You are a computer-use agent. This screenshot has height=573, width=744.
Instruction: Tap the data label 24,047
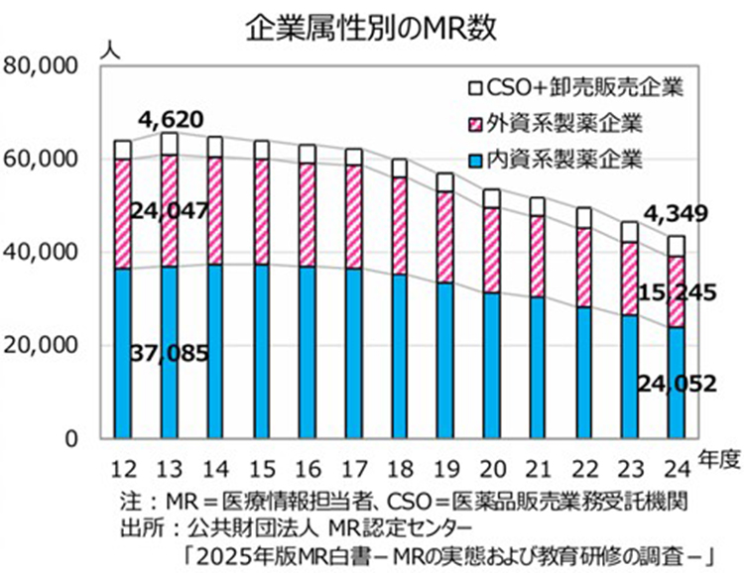pyautogui.click(x=170, y=210)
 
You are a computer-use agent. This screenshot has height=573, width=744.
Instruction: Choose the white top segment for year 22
pyautogui.click(x=584, y=217)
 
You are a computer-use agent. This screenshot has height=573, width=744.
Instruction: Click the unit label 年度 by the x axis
pyautogui.click(x=717, y=457)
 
